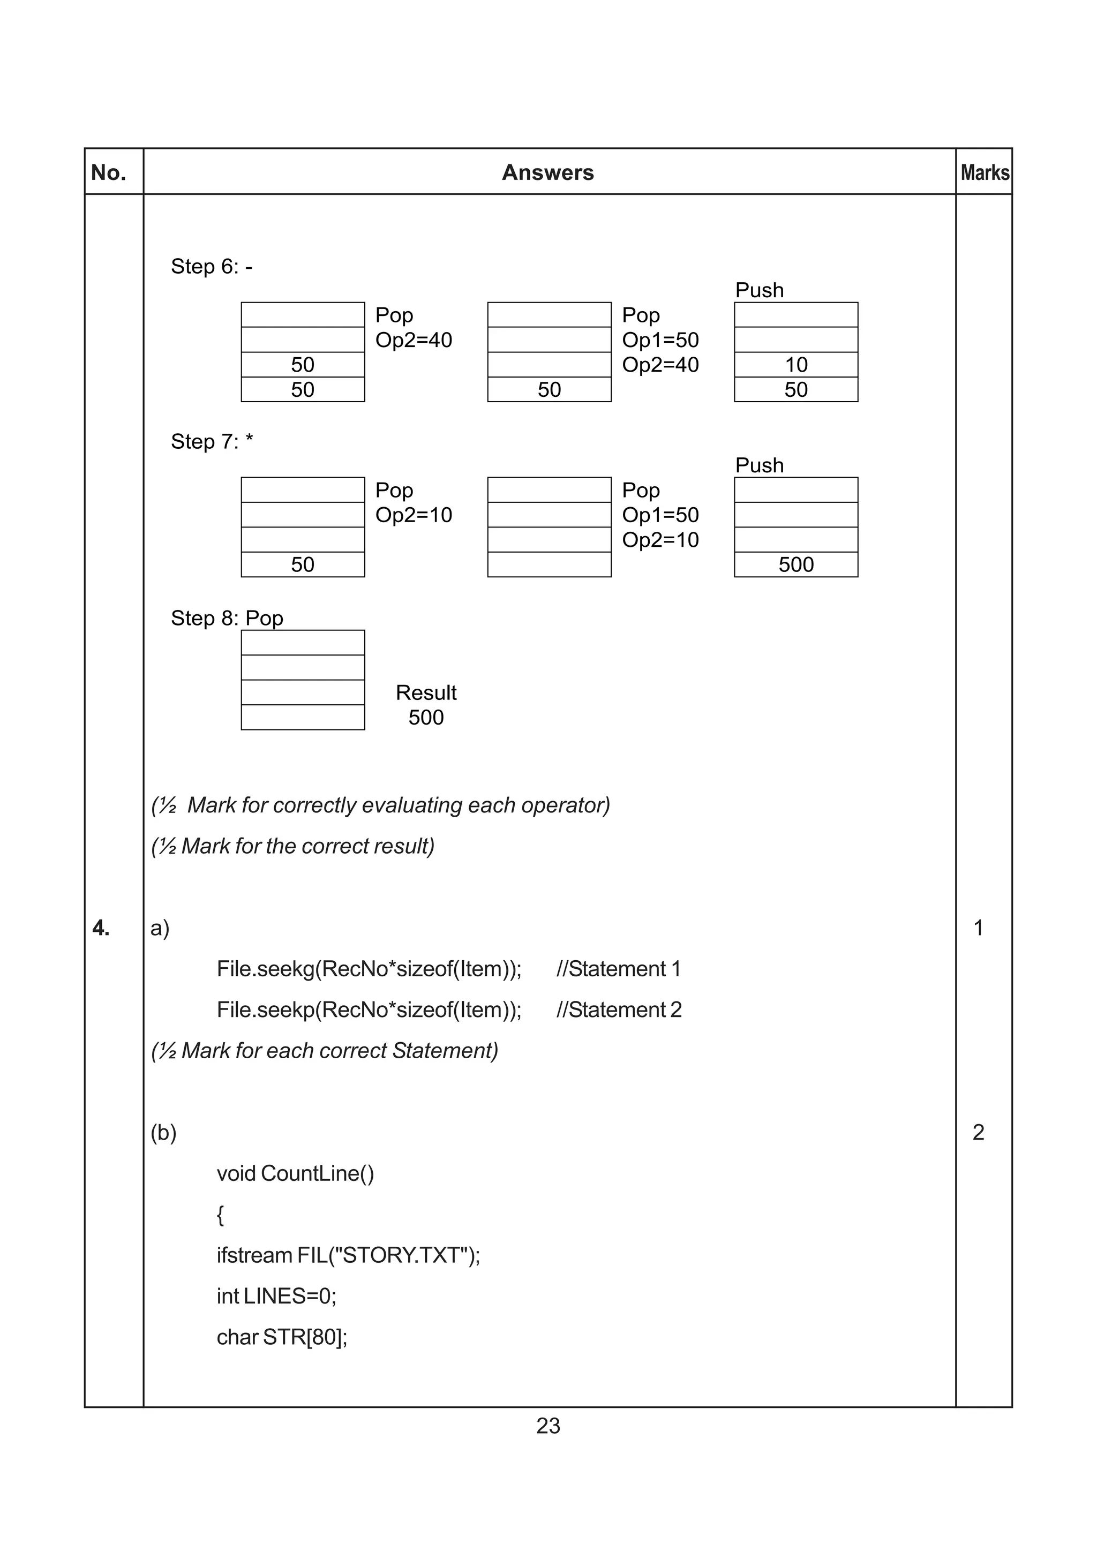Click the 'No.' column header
tap(108, 173)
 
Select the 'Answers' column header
tap(547, 173)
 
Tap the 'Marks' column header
tap(985, 173)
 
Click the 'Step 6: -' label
tap(212, 266)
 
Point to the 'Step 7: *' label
tap(212, 441)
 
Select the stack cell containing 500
tap(795, 564)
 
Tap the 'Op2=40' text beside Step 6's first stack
tap(414, 340)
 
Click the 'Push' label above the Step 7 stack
tap(759, 466)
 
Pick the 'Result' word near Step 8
tap(426, 693)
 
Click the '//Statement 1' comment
tap(619, 969)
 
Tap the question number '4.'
tap(101, 928)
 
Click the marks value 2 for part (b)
tap(978, 1132)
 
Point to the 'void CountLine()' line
tap(295, 1173)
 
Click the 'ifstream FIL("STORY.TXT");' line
tap(348, 1255)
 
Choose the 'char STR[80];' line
tap(282, 1337)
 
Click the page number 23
tap(547, 1426)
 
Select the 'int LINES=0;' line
tap(276, 1296)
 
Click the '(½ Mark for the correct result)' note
tap(292, 846)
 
